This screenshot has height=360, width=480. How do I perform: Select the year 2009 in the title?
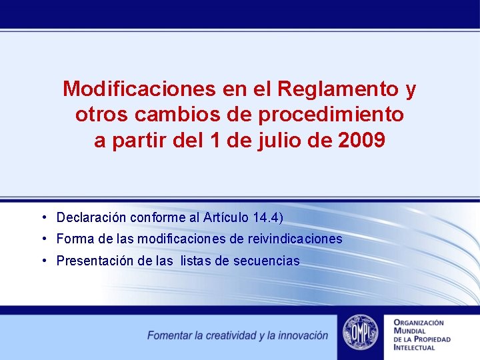(361, 141)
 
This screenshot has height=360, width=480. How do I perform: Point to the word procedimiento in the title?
(331, 115)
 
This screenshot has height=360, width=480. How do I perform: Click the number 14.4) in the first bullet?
(269, 218)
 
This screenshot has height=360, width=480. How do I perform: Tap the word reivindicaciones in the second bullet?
(295, 239)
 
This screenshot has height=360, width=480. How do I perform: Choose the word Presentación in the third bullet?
(95, 261)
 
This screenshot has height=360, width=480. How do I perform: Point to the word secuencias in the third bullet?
(267, 261)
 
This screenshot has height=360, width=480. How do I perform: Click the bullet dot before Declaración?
(43, 217)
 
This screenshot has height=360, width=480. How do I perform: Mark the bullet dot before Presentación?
(43, 260)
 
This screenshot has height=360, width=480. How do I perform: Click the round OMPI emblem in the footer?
(360, 333)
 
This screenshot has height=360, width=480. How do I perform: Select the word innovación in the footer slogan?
(303, 335)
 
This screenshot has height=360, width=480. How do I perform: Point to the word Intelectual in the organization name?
(415, 347)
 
